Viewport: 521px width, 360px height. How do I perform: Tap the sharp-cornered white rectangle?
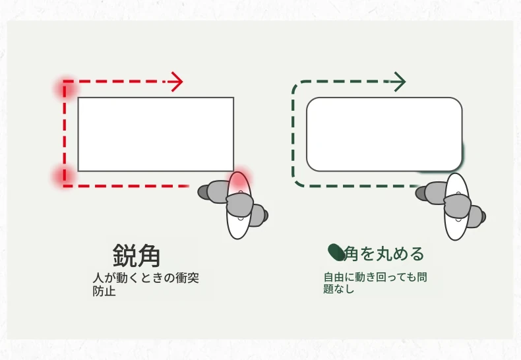[156, 135]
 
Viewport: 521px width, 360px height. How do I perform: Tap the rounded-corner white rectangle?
[384, 135]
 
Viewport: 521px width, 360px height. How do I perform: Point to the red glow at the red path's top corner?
[65, 88]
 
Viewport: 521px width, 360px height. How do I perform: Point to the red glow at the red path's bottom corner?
[63, 176]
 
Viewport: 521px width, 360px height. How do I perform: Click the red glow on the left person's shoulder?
[239, 180]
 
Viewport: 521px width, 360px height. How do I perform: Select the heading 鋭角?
[137, 256]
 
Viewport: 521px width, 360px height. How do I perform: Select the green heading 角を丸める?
[384, 254]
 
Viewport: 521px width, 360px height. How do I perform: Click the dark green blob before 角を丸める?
[336, 253]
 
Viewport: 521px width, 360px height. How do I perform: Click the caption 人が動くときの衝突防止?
[146, 284]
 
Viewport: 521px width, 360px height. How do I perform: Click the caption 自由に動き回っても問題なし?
[375, 283]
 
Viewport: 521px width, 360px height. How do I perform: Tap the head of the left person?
[239, 205]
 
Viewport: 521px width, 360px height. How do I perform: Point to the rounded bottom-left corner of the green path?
[297, 181]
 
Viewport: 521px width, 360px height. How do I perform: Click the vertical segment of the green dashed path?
[293, 133]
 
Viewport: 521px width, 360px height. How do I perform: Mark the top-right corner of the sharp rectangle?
[234, 98]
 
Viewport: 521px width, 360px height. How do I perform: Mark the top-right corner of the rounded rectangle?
[460, 100]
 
